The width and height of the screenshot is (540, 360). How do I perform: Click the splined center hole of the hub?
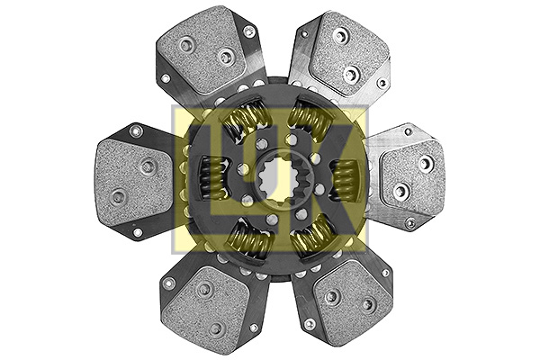tap(279, 178)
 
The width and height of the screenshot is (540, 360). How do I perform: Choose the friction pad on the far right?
tap(412, 178)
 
